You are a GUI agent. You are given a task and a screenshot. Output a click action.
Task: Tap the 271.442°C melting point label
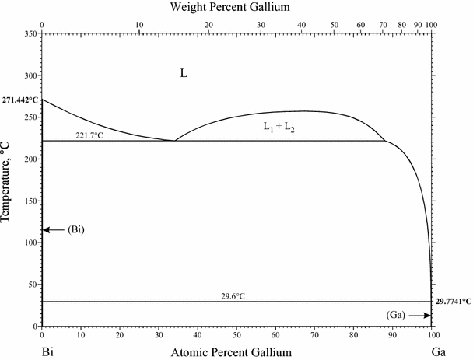[20, 100]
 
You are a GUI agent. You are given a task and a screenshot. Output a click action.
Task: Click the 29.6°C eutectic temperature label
[236, 295]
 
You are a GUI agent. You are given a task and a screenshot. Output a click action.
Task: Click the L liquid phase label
[184, 74]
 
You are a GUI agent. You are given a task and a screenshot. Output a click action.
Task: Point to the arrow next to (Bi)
[53, 230]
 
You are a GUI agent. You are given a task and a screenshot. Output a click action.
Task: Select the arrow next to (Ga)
[419, 315]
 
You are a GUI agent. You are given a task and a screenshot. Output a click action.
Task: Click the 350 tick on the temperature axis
[30, 34]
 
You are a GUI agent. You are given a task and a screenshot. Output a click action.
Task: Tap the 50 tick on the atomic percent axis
[236, 334]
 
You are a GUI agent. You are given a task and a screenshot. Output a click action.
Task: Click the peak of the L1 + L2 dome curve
[303, 110]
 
